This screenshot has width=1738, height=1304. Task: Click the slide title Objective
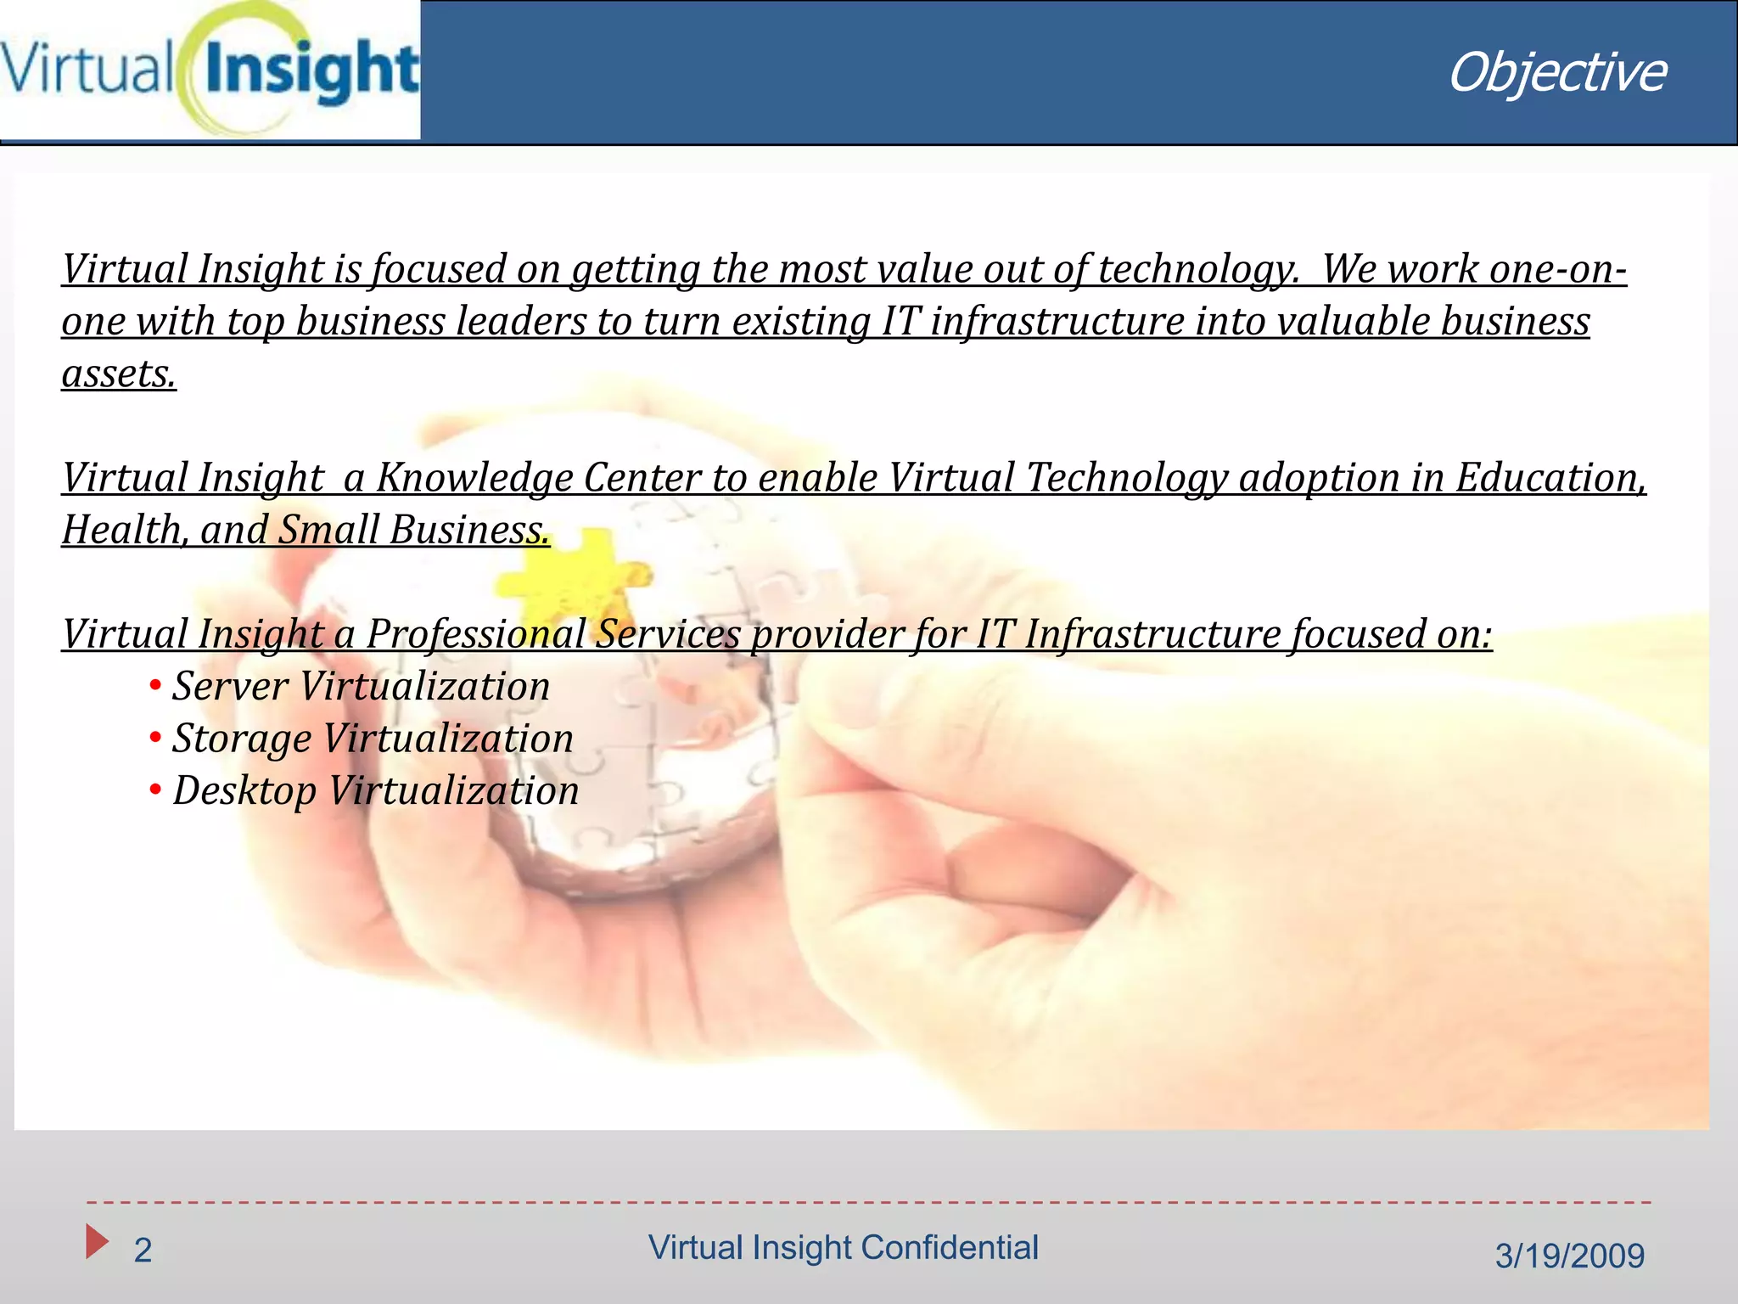1556,73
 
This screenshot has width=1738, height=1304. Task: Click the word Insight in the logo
311,71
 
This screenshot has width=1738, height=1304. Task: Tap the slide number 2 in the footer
143,1251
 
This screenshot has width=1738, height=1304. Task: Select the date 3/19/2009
1569,1256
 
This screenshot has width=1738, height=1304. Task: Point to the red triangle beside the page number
97,1241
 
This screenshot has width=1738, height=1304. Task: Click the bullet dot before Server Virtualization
155,685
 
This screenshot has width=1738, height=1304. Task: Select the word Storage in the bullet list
242,739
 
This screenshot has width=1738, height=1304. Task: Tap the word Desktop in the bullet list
244,791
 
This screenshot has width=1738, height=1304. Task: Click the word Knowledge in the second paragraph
474,478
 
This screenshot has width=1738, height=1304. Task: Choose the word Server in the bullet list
230,686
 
